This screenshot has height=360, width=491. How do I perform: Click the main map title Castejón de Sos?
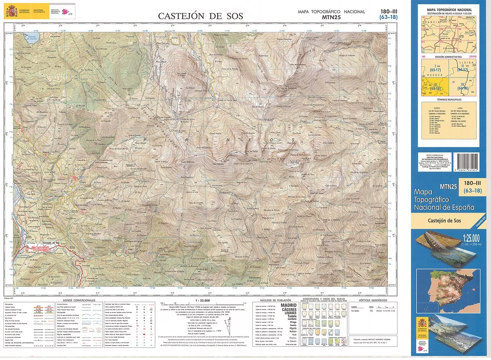pyautogui.click(x=201, y=16)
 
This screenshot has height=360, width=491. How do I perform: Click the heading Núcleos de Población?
pyautogui.click(x=275, y=300)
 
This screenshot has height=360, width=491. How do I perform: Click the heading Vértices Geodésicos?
pyautogui.click(x=373, y=300)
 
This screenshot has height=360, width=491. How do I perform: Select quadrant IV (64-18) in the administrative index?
pyautogui.click(x=463, y=87)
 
